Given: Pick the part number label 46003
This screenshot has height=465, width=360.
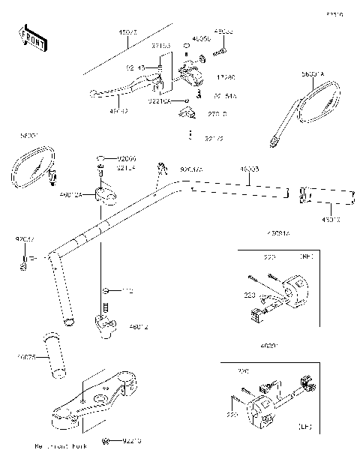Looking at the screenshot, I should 250,171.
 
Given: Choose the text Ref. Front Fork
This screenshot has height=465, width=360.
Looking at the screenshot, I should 60,446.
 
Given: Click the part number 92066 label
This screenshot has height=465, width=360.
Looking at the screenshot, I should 127,159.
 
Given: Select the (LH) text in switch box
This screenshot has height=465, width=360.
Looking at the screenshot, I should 304,427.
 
